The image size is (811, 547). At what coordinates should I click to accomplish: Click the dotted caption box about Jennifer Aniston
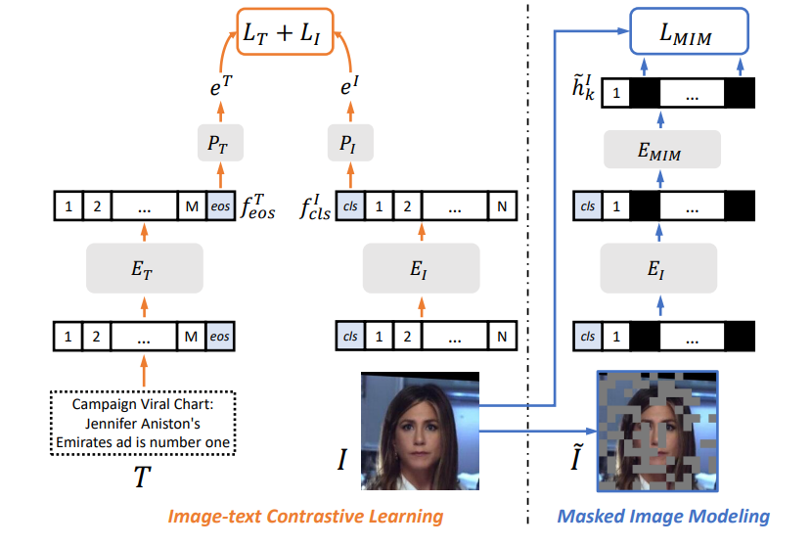click(x=144, y=423)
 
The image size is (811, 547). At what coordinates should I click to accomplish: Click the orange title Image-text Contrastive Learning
click(x=305, y=516)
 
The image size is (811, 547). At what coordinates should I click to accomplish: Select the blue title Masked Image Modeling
click(x=663, y=516)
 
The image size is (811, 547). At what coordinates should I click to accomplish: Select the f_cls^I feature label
click(x=315, y=206)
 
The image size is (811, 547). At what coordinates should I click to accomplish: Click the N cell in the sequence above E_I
click(x=502, y=207)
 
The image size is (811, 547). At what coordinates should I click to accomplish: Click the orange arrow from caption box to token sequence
click(x=144, y=371)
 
